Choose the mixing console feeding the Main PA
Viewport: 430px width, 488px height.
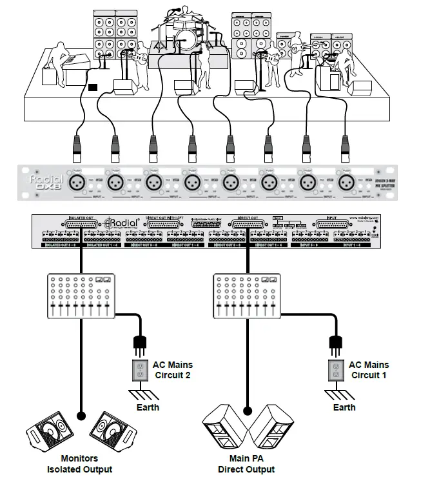pos(247,296)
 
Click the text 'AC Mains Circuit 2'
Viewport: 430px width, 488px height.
pos(172,369)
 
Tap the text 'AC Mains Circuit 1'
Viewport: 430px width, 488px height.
pos(369,369)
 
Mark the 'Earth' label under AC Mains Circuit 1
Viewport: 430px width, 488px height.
pos(344,407)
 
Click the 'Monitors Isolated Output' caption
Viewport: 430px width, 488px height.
pos(80,464)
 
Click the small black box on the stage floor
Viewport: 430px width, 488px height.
pos(93,86)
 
